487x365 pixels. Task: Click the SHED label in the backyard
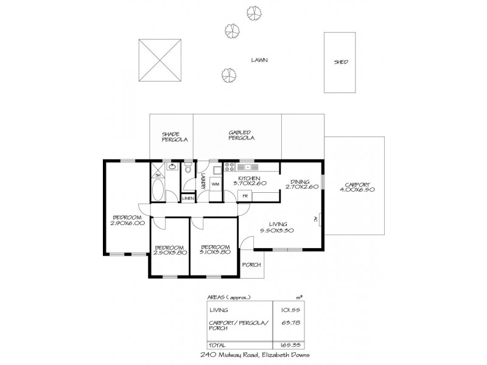tap(341, 62)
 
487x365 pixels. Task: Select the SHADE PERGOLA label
tap(174, 137)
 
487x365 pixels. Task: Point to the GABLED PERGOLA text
tap(240, 136)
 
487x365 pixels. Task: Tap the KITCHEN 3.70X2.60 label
tap(250, 181)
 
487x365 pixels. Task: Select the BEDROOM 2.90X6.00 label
tap(127, 220)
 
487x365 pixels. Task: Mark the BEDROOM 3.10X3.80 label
tap(215, 250)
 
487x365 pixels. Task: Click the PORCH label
tap(251, 265)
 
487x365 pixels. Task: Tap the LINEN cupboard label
tap(187, 198)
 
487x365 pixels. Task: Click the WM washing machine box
tap(215, 183)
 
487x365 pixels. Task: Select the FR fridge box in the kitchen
tap(245, 196)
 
